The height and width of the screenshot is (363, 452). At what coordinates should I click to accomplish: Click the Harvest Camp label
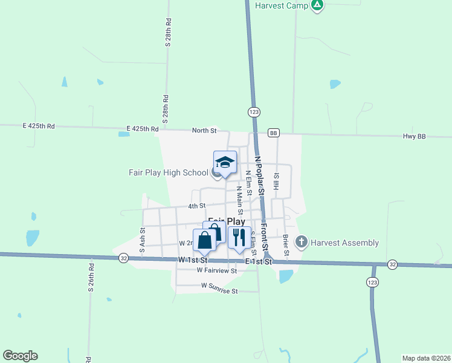pyautogui.click(x=282, y=5)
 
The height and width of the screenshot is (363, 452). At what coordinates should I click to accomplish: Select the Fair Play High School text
pyautogui.click(x=169, y=172)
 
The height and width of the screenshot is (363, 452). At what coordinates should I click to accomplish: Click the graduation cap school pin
pyautogui.click(x=225, y=162)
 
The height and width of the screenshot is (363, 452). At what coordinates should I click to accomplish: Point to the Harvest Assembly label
pyautogui.click(x=344, y=243)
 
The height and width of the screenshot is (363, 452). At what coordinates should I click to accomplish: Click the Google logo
pyautogui.click(x=20, y=356)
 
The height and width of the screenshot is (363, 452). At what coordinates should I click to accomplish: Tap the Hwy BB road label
pyautogui.click(x=415, y=137)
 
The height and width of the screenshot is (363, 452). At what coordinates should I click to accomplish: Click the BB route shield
pyautogui.click(x=274, y=132)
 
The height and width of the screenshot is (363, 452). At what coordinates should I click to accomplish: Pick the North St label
pyautogui.click(x=204, y=130)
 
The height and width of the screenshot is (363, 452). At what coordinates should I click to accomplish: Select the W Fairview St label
pyautogui.click(x=216, y=270)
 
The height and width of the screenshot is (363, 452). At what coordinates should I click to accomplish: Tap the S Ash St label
pyautogui.click(x=143, y=239)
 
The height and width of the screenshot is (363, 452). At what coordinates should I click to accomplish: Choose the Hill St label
pyautogui.click(x=276, y=182)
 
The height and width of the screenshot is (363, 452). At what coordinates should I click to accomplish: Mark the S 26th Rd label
pyautogui.click(x=91, y=278)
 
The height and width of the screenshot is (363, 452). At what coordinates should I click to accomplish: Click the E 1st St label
pyautogui.click(x=259, y=262)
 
